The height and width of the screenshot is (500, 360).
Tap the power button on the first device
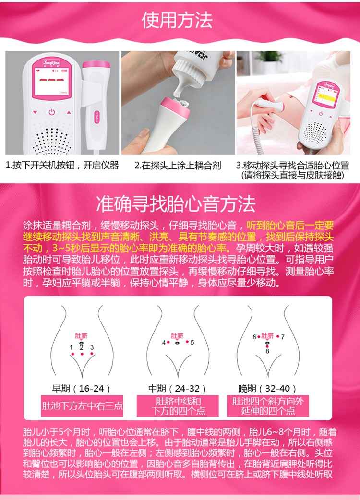click(x=51, y=112)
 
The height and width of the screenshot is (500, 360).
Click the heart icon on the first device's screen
click(x=39, y=70)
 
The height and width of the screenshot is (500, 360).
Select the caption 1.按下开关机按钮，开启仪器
click(x=62, y=166)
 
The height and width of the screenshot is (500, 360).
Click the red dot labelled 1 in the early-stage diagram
click(x=72, y=354)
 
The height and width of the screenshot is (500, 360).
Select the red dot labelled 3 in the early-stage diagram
click(x=91, y=354)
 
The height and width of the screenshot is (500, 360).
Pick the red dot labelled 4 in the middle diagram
click(x=168, y=342)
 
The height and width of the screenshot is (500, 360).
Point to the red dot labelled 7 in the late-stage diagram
click(x=277, y=337)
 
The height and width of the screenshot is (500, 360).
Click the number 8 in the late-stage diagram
click(x=267, y=351)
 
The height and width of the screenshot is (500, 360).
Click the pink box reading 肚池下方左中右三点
click(x=82, y=406)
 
